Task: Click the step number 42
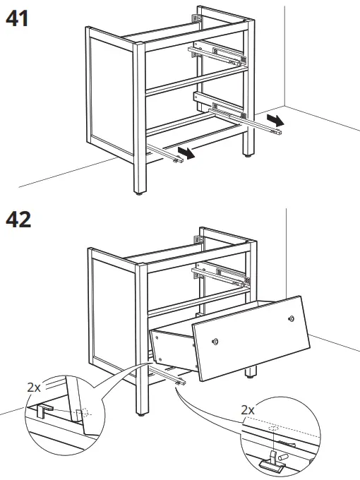(x=18, y=220)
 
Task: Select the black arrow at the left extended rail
(x=186, y=152)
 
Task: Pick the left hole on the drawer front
(x=216, y=342)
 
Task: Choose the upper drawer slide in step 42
(x=220, y=271)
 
